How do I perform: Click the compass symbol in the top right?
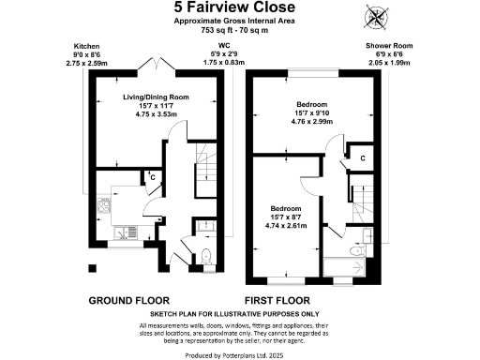tap(378, 16)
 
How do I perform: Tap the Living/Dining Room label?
tap(156, 96)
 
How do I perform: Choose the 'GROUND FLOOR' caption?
tap(127, 301)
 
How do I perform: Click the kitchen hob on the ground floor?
tap(106, 202)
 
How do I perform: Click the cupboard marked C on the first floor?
tap(360, 160)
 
